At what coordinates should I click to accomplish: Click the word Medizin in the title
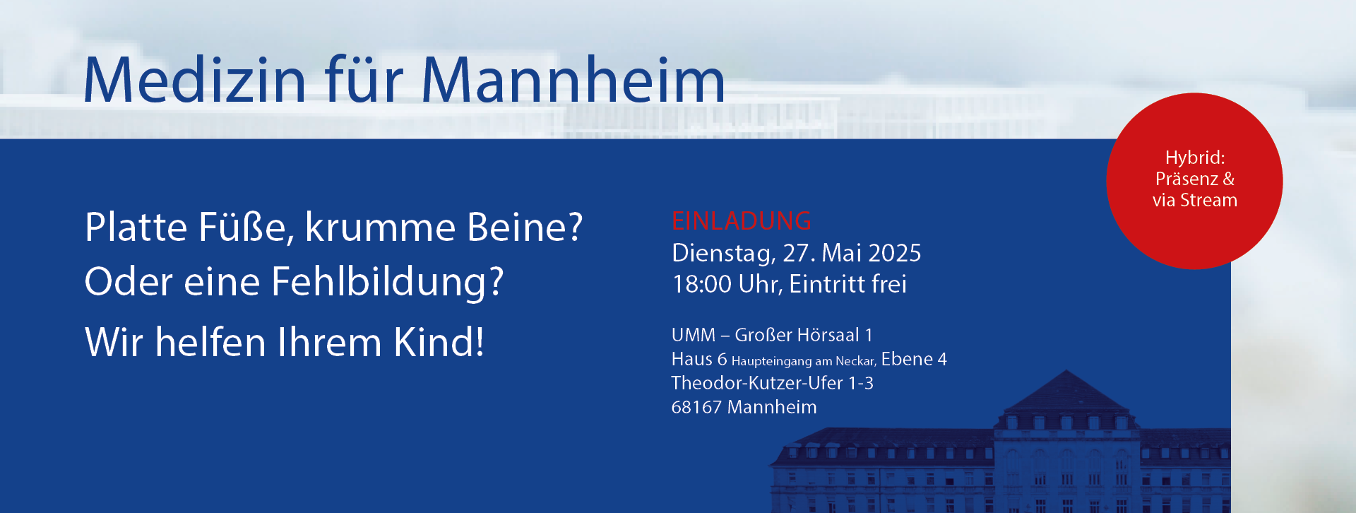point(195,79)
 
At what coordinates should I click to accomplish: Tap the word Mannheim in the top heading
point(573,79)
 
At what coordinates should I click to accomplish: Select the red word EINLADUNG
point(742,221)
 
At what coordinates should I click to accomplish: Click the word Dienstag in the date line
point(724,254)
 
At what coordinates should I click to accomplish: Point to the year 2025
point(895,253)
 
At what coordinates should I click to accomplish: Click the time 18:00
point(702,284)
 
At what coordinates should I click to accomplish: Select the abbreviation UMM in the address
point(694,335)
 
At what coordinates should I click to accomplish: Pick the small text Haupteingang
point(771,361)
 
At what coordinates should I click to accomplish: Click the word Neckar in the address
point(856,361)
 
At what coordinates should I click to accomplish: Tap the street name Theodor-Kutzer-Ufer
point(757,383)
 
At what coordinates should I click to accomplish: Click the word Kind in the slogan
point(438,342)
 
